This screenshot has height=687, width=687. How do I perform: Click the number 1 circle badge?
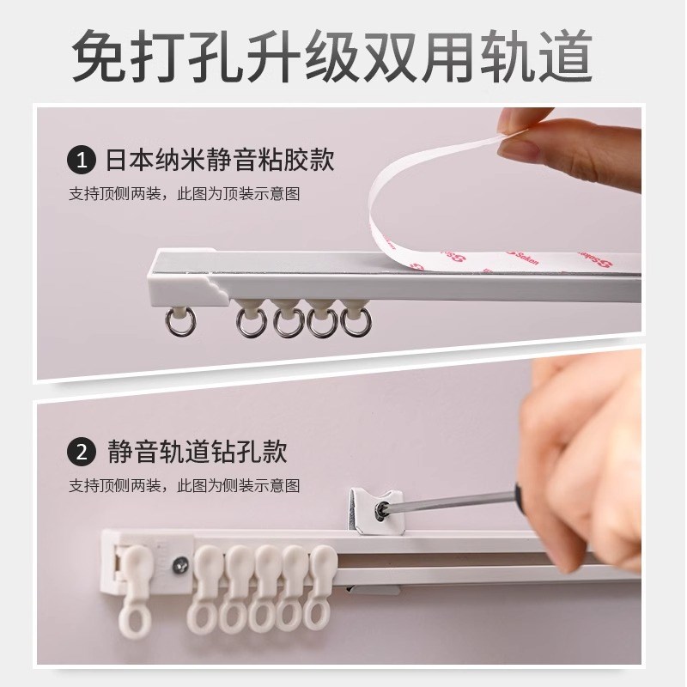click(x=80, y=161)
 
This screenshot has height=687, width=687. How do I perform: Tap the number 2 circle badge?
click(x=80, y=451)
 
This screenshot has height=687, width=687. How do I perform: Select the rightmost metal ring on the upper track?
click(x=355, y=322)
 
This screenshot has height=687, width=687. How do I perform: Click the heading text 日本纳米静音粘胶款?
click(x=218, y=161)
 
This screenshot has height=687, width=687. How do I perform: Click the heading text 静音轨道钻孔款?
click(x=194, y=451)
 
